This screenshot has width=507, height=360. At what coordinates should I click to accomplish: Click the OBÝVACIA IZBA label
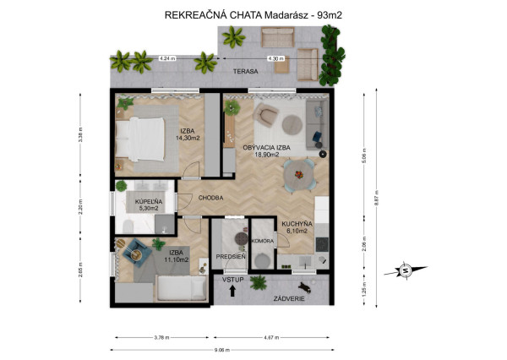coord(267,147)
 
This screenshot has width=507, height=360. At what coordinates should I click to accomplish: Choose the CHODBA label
coord(210,198)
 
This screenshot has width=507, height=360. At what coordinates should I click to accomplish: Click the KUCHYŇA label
coord(297,222)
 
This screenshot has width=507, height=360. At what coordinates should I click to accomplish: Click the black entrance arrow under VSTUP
coord(232,292)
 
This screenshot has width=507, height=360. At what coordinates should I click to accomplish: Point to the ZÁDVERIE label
coord(289,298)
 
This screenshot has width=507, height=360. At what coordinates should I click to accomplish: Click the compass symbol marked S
coord(406,270)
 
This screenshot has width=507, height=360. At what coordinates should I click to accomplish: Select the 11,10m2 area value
coord(177,259)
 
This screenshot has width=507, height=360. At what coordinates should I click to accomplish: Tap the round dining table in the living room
coord(300,175)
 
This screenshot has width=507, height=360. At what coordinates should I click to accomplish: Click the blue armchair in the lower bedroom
coord(135,251)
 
